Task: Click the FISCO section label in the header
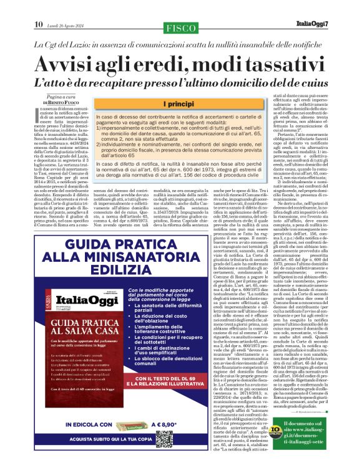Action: coord(180,27)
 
